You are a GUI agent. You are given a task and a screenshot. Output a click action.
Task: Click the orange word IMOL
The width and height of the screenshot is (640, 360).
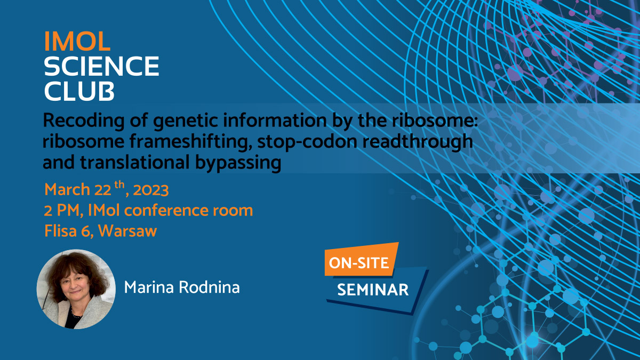click(78, 41)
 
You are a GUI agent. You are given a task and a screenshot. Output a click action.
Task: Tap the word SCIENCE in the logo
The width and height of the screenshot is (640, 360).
click(101, 66)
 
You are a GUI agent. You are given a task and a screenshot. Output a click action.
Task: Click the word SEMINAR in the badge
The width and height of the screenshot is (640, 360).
click(373, 290)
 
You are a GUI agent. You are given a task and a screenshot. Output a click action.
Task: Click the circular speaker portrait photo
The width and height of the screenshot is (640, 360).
click(76, 289)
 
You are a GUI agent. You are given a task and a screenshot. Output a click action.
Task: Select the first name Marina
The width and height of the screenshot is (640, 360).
click(148, 288)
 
